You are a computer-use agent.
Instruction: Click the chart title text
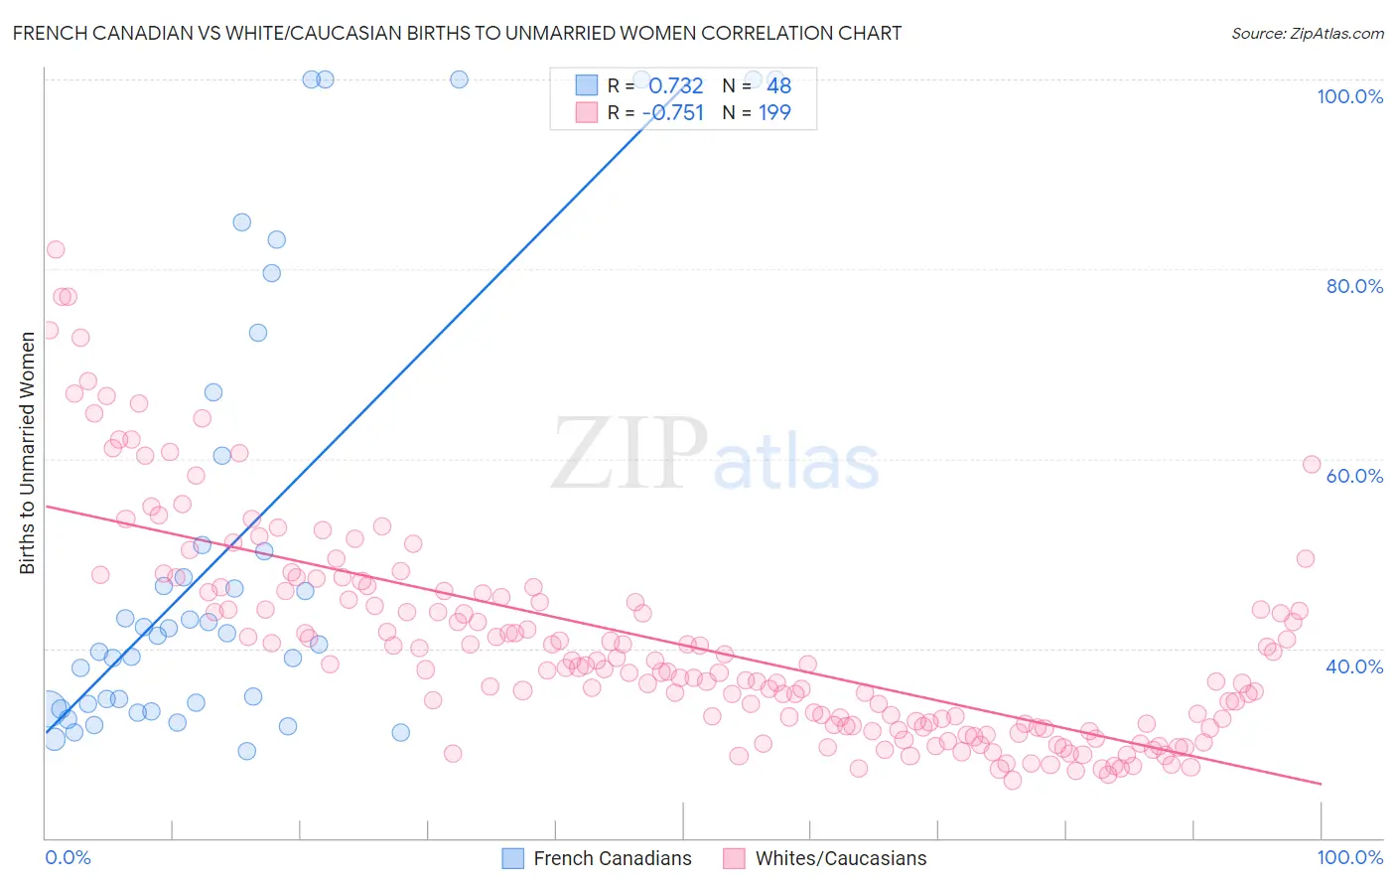coord(457,33)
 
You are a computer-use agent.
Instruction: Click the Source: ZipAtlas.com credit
coord(1307,33)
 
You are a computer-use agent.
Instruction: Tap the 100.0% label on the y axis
coord(1349,96)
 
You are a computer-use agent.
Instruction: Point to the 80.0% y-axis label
coord(1354,286)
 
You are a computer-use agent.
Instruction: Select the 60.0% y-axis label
coord(1354,476)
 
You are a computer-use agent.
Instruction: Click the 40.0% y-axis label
coord(1354,666)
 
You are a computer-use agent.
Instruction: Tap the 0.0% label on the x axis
coord(68,857)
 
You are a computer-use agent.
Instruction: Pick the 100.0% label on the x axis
coord(1349,857)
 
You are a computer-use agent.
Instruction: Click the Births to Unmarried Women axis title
coord(27,453)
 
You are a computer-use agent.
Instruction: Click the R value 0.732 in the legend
coord(675,85)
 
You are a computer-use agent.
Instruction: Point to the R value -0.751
coord(673,112)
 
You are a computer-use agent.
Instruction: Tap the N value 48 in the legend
coord(778,85)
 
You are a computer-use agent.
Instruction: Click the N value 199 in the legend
coord(774,112)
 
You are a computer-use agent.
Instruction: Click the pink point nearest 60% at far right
coord(1311,464)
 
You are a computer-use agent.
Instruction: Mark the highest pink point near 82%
coord(56,249)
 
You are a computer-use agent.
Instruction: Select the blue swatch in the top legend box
coord(587,85)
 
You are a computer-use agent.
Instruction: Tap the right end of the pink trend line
coord(1321,784)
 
